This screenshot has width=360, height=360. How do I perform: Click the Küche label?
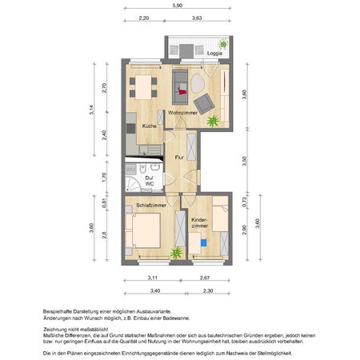[x=150, y=126]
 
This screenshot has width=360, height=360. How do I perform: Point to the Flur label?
[x=180, y=158]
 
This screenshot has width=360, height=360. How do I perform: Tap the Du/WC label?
[x=149, y=181]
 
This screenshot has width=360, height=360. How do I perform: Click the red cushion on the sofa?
[x=182, y=91]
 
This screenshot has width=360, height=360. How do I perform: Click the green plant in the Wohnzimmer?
[x=213, y=122]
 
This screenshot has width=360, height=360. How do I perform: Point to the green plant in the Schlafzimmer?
[x=175, y=254]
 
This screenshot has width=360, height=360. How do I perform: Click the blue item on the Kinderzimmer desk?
[x=203, y=242]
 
